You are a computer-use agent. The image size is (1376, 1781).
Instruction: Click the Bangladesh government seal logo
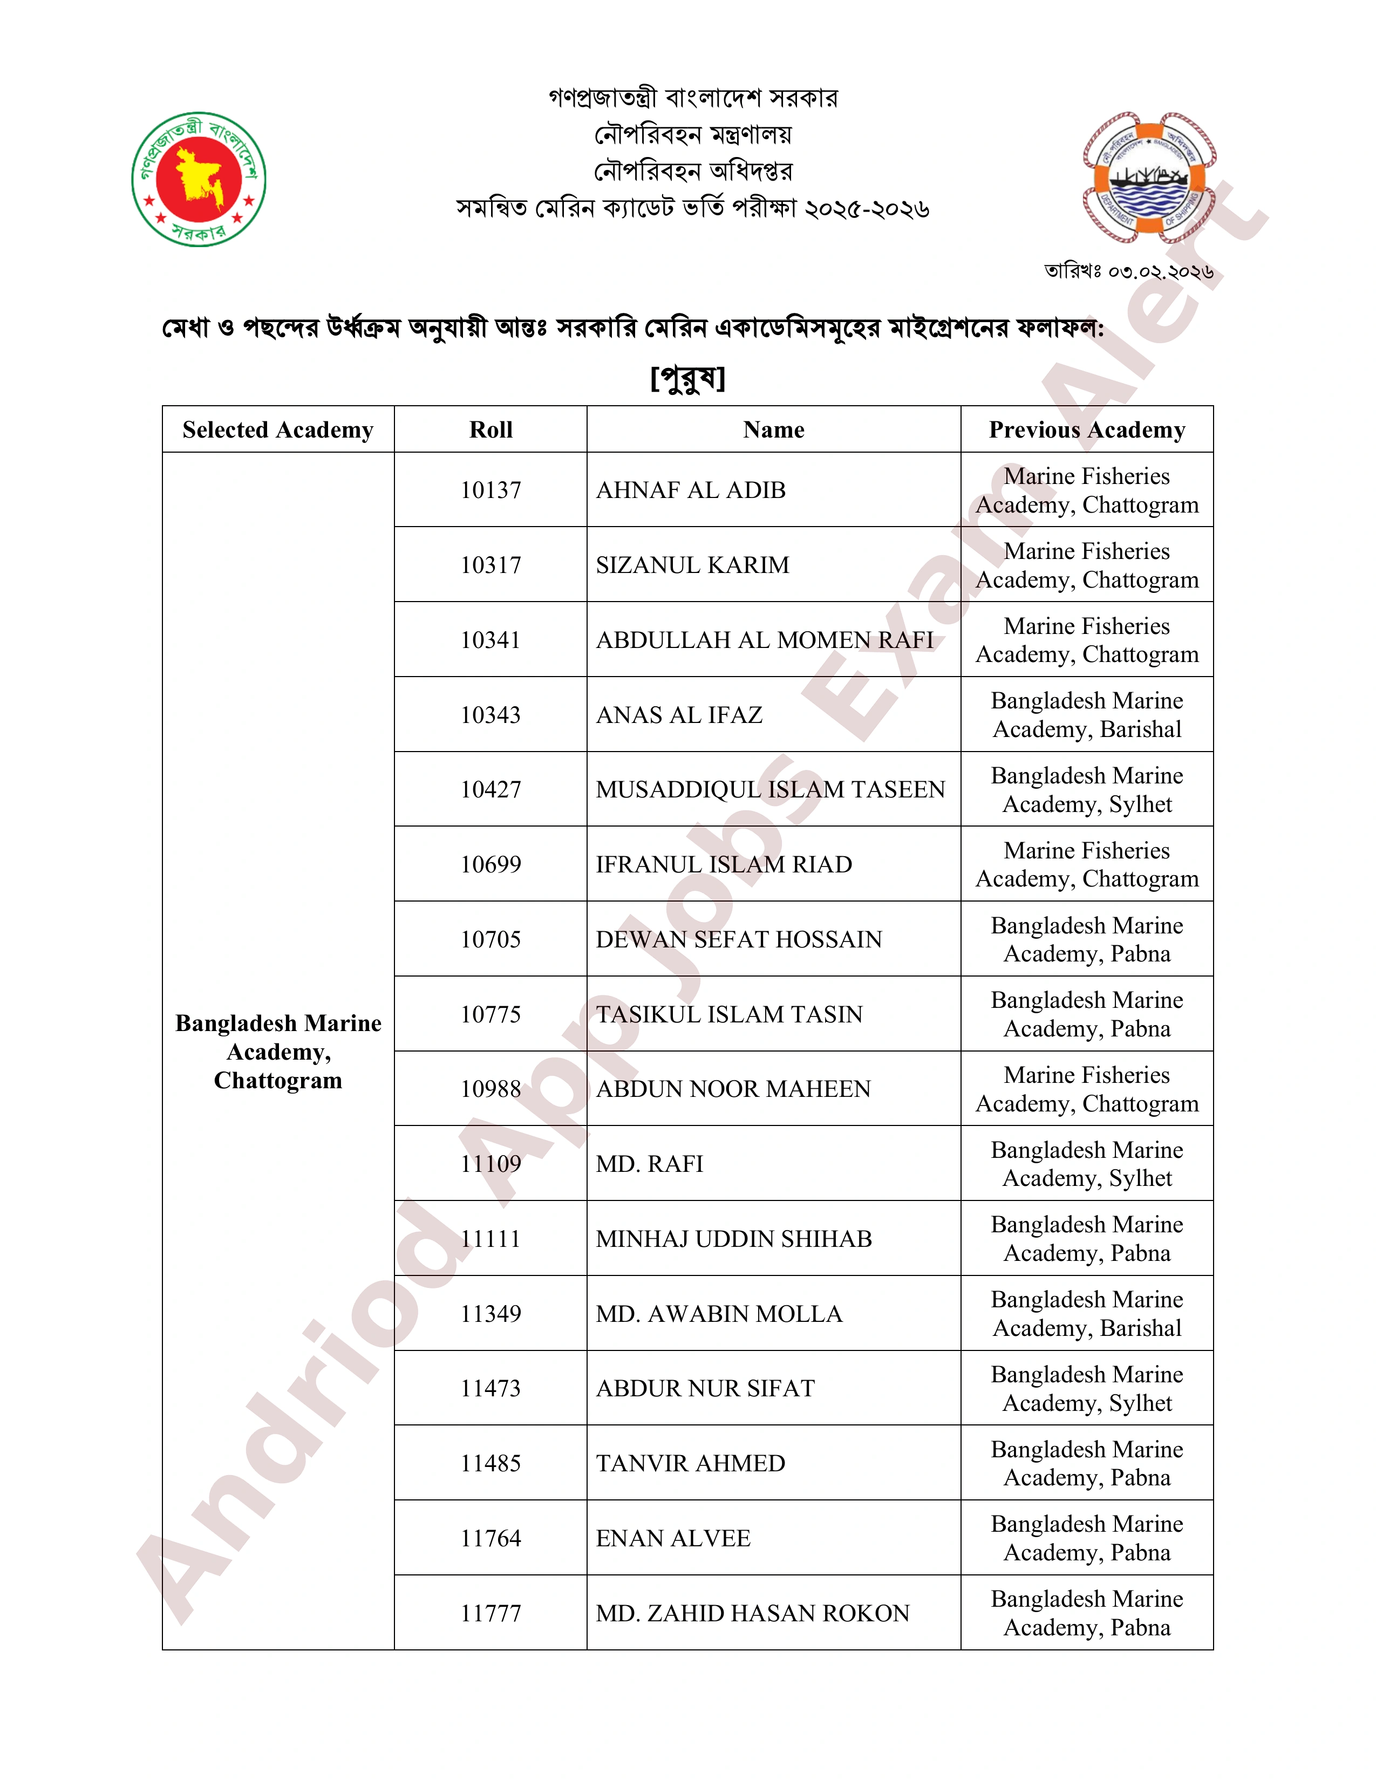tap(199, 180)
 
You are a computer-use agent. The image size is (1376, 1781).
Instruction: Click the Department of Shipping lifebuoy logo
tap(1149, 178)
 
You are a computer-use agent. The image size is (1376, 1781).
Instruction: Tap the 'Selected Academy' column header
tap(278, 430)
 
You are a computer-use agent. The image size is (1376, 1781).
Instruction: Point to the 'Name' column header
tap(773, 430)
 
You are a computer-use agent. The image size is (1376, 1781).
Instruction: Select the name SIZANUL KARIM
tap(692, 565)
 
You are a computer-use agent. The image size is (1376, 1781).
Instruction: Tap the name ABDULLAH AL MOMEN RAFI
tap(764, 640)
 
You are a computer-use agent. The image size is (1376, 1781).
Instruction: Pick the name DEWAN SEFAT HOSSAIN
tap(739, 939)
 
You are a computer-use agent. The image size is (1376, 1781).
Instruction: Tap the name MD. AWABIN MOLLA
tap(719, 1314)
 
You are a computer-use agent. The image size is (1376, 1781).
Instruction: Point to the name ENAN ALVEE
tap(673, 1538)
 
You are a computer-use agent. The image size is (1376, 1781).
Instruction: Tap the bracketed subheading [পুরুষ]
tap(687, 378)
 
